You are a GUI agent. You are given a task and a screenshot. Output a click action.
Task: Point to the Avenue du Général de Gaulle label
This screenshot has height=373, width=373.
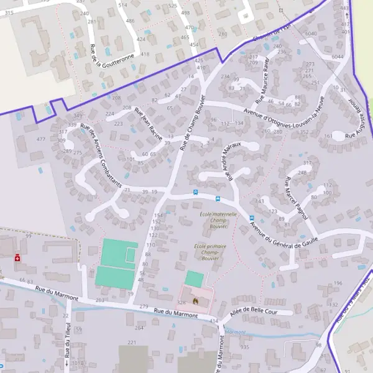pos(278,236)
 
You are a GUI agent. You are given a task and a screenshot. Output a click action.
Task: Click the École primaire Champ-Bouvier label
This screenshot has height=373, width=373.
pos(210,252)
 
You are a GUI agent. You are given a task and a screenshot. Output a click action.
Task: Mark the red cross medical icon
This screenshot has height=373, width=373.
pos(18,257)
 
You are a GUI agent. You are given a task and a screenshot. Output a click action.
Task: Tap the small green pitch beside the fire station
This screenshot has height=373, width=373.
pos(194,279)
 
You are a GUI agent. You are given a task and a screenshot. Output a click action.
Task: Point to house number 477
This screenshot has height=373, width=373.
pos(41,139)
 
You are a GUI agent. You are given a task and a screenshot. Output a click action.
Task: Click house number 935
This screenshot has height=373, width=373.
pos(244,347)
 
